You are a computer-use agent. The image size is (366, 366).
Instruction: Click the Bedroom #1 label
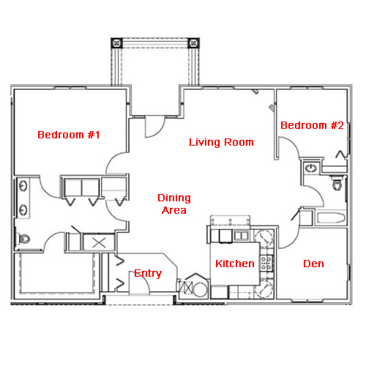pos(69,135)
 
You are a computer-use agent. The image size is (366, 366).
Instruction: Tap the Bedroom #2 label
pos(312,125)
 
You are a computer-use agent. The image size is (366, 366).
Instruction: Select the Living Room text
pos(221,142)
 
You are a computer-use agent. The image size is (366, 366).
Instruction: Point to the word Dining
pos(174,198)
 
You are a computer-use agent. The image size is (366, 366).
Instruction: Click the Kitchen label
pos(235,264)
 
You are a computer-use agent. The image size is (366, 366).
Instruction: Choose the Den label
pos(313,264)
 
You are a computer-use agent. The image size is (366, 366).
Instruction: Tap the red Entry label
pos(148,273)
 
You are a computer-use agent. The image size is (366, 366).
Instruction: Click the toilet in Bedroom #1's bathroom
pos(23,239)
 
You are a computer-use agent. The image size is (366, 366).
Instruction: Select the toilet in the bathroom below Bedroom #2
pos(337,184)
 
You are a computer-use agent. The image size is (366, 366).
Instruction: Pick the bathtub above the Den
pos(331,218)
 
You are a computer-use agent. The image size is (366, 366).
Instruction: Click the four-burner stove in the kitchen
pos(266,263)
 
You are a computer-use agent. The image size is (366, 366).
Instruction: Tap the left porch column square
pos(116,43)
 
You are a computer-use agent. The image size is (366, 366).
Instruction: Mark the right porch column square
pos(193,43)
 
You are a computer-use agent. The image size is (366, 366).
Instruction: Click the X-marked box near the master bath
pos(99,242)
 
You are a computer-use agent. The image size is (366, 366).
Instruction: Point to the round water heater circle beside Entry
pos(200,289)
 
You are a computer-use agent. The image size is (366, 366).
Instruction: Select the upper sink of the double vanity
pos(23,187)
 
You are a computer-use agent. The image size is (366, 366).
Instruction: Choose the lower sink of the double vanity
pos(23,210)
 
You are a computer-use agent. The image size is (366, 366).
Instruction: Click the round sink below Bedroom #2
pos(311,168)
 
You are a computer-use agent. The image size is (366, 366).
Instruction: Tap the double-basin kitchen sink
pos(241,236)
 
